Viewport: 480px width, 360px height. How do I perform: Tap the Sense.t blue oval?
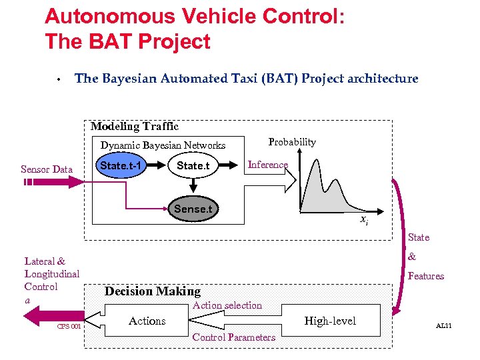[193, 209]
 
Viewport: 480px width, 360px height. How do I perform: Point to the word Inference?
[267, 165]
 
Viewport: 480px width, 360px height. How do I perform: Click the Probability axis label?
[291, 142]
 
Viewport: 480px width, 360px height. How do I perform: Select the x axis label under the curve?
[364, 220]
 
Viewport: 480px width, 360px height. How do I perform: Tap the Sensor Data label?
[47, 169]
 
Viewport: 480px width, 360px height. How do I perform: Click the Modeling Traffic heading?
[135, 127]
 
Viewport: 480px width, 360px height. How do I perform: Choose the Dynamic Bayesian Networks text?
[163, 145]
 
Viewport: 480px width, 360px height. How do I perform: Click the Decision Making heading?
[152, 291]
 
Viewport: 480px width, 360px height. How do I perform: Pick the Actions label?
[147, 321]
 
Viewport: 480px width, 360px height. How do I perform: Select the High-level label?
[330, 321]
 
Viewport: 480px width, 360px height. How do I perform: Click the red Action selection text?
[227, 305]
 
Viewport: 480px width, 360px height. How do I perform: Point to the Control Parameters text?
[233, 337]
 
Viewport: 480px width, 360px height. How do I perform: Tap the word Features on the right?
[425, 276]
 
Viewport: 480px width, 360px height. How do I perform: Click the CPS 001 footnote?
[69, 327]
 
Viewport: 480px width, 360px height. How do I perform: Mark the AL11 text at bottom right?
[443, 326]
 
